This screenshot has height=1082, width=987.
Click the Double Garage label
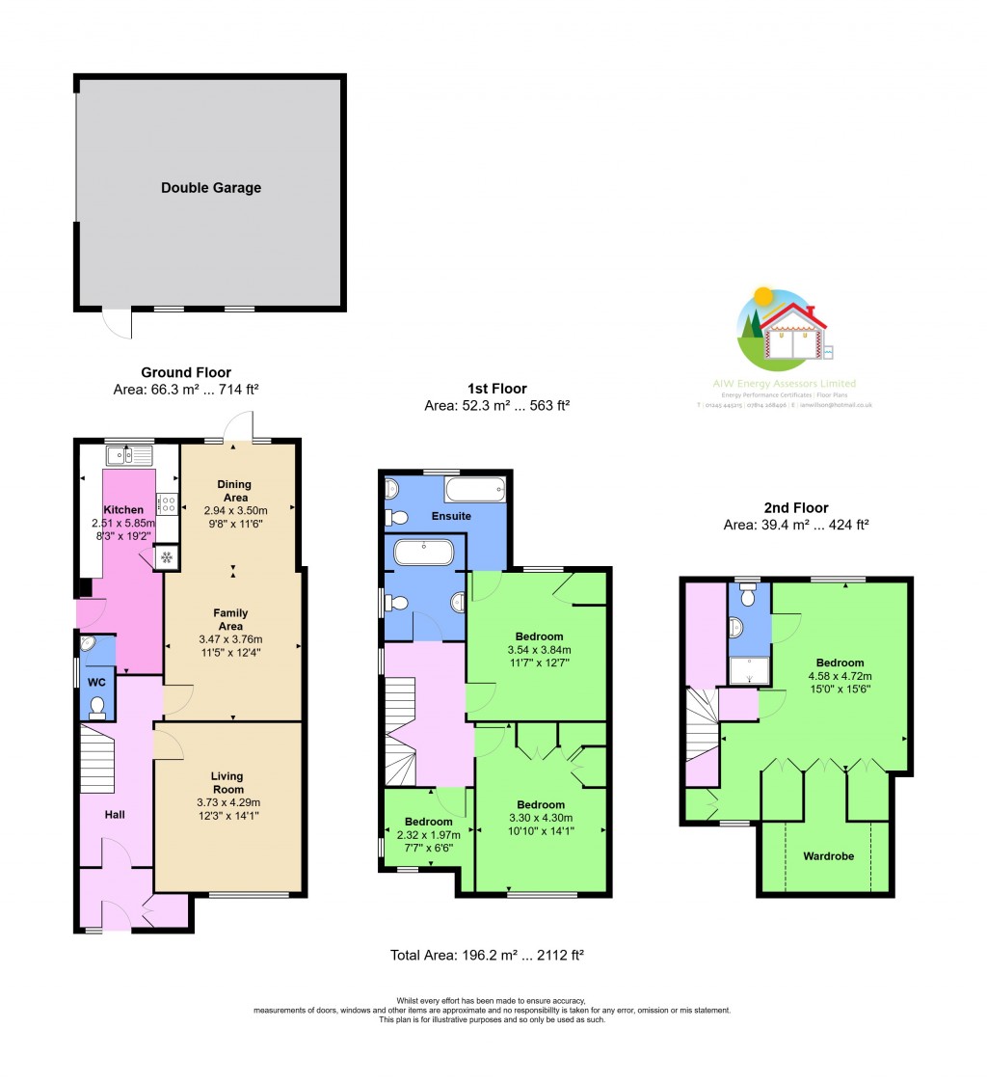210,188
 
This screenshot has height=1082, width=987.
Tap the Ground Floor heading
186,372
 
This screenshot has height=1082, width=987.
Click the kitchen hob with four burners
167,502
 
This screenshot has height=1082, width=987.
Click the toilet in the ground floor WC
96,708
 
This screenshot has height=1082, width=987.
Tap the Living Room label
227,782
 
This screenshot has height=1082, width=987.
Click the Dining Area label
234,491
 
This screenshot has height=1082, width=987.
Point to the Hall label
115,815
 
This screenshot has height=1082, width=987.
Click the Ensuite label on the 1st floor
451,516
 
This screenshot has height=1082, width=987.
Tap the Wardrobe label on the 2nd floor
828,855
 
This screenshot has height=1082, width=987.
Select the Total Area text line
487,955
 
